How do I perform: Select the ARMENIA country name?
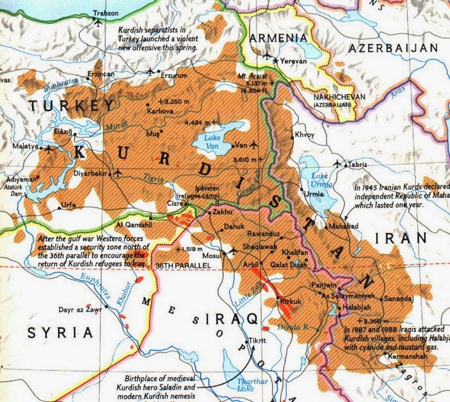pyautogui.click(x=280, y=38)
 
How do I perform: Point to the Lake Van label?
pyautogui.click(x=212, y=141)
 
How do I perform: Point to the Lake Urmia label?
pyautogui.click(x=321, y=181)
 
